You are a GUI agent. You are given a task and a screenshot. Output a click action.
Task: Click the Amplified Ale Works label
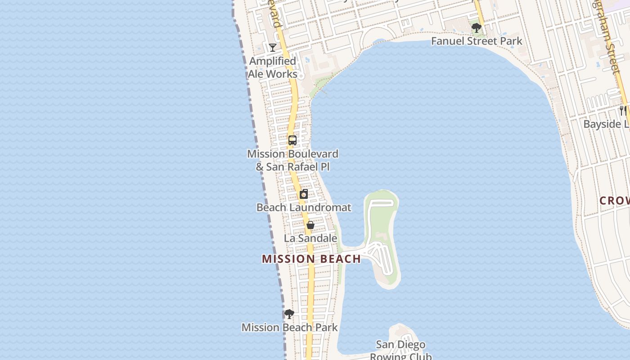point(273,67)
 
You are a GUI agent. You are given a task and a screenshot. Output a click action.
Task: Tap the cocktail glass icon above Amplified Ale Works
point(273,47)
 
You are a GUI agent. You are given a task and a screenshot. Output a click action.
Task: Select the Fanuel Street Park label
point(477,41)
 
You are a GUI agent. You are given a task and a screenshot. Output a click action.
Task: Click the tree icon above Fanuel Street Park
point(476,28)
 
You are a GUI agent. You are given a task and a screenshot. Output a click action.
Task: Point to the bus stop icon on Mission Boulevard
point(292,140)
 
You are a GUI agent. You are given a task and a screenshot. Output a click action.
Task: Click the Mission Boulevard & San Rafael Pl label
point(292,160)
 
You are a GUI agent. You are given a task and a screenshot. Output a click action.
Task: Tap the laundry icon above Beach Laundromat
point(304,194)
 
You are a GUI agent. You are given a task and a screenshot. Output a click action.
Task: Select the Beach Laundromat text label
point(304,207)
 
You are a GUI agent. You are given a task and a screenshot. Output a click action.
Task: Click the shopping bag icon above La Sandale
point(310,225)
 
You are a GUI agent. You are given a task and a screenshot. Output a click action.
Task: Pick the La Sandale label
point(310,238)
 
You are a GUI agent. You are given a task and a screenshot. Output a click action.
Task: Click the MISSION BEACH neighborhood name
point(311,259)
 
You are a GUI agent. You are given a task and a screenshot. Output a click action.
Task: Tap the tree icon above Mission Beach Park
point(289,314)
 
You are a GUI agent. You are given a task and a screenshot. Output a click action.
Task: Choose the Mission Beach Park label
point(289,327)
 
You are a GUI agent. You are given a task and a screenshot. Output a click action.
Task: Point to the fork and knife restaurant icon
point(623,110)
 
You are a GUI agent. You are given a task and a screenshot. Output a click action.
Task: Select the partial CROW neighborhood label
point(614,201)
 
